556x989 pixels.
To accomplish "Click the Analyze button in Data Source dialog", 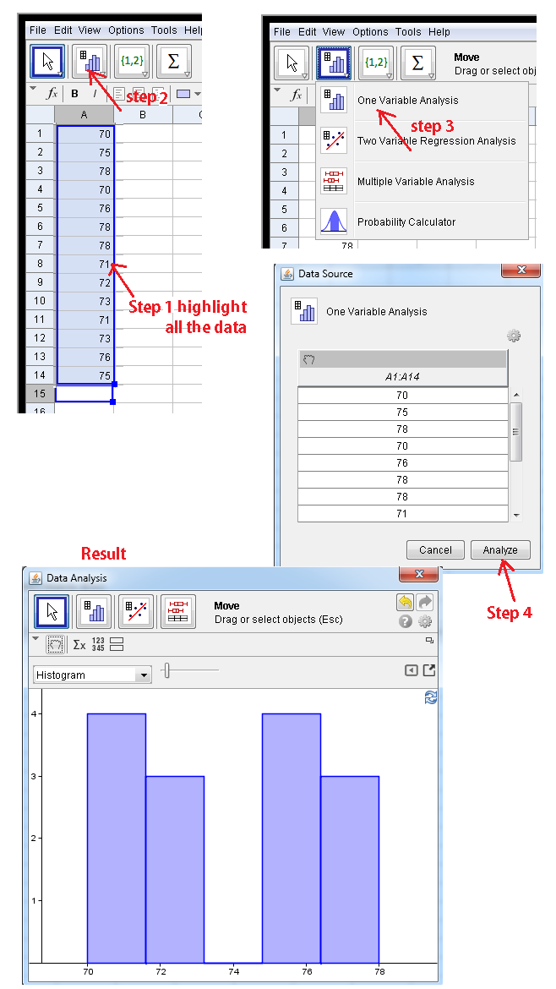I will pos(500,549).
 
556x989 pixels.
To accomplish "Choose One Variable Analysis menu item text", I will pos(407,101).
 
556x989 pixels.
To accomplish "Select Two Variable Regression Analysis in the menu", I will pos(436,141).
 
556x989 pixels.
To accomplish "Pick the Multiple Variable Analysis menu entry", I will pos(416,182).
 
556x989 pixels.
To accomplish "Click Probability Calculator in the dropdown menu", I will pos(406,222).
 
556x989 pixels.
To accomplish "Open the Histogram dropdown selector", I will pos(93,675).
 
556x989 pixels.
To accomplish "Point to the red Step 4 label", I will pos(509,613).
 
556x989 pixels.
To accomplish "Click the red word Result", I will pos(103,554).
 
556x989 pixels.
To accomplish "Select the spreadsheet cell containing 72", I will pos(84,282).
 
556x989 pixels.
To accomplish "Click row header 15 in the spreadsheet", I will pos(40,394).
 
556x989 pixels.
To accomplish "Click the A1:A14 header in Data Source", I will pos(402,377).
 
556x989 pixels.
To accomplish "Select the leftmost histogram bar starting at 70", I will pos(116,838).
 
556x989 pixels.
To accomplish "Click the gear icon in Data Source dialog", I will pos(514,336).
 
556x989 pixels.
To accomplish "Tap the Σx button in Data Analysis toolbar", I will pos(79,645).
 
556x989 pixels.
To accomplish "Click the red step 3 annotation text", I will pos(431,127).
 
